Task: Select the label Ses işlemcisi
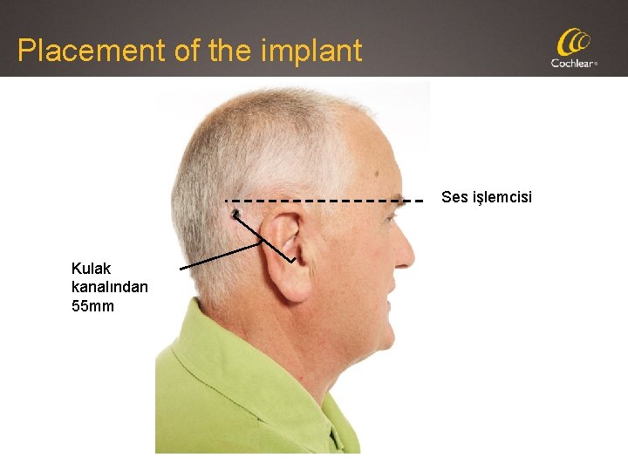tap(486, 197)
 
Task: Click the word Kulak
tap(91, 269)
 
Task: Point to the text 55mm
tap(92, 306)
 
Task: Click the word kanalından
tap(110, 287)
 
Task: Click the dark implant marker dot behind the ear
tap(235, 212)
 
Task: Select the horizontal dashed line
tap(323, 201)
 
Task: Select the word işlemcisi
tap(502, 197)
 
